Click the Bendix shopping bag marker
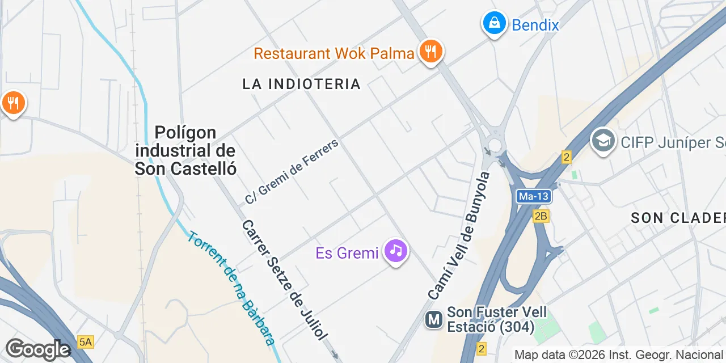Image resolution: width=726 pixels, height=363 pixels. tap(495, 24)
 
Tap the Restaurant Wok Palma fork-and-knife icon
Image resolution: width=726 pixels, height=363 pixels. tap(431, 52)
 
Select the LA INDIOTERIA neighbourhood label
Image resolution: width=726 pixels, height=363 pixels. tap(301, 84)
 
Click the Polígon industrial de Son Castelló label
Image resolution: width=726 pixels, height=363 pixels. tap(185, 150)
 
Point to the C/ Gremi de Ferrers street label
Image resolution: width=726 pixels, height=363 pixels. tap(292, 171)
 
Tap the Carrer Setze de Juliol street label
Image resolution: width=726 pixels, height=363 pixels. tap(284, 280)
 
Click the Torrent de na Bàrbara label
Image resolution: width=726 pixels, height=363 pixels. tap(232, 288)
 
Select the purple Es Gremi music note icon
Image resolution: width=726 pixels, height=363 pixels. tap(396, 250)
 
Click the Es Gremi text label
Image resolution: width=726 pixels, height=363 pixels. tap(347, 253)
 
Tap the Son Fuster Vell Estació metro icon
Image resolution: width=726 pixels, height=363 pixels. tap(434, 320)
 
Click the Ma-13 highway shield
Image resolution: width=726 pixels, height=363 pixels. tap(534, 196)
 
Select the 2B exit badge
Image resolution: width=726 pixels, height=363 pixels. tap(541, 216)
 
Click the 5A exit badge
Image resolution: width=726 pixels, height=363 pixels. tap(85, 341)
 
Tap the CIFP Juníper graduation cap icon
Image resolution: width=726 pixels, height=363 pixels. tap(603, 140)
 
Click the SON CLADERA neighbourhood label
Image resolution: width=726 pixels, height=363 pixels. tap(678, 218)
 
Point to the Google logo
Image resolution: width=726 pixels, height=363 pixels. tap(38, 349)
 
